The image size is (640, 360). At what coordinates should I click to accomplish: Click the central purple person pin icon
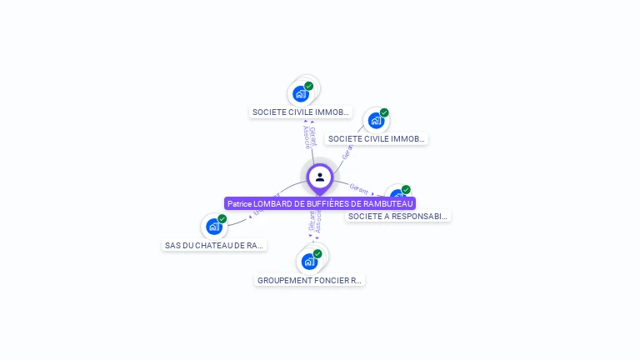pyautogui.click(x=320, y=177)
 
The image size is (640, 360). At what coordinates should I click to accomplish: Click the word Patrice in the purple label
pyautogui.click(x=240, y=203)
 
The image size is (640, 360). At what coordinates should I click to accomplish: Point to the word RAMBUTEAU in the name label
pyautogui.click(x=387, y=203)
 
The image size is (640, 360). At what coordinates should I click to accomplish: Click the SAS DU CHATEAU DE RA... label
pyautogui.click(x=215, y=245)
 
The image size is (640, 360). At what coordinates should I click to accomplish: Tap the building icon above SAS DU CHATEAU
pyautogui.click(x=214, y=226)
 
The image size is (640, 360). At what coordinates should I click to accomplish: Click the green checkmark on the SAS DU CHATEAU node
pyautogui.click(x=222, y=218)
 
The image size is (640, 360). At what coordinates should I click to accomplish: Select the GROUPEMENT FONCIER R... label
pyautogui.click(x=310, y=281)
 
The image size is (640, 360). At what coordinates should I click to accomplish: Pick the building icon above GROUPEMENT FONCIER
pyautogui.click(x=309, y=262)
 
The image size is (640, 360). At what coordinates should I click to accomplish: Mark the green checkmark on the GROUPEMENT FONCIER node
pyautogui.click(x=317, y=253)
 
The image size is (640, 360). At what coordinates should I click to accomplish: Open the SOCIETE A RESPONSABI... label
pyautogui.click(x=398, y=217)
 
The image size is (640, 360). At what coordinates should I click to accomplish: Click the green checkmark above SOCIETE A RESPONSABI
pyautogui.click(x=406, y=190)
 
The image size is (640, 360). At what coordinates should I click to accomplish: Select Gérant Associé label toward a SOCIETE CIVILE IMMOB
pyautogui.click(x=309, y=137)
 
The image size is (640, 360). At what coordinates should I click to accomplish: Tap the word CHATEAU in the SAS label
pyautogui.click(x=212, y=245)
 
